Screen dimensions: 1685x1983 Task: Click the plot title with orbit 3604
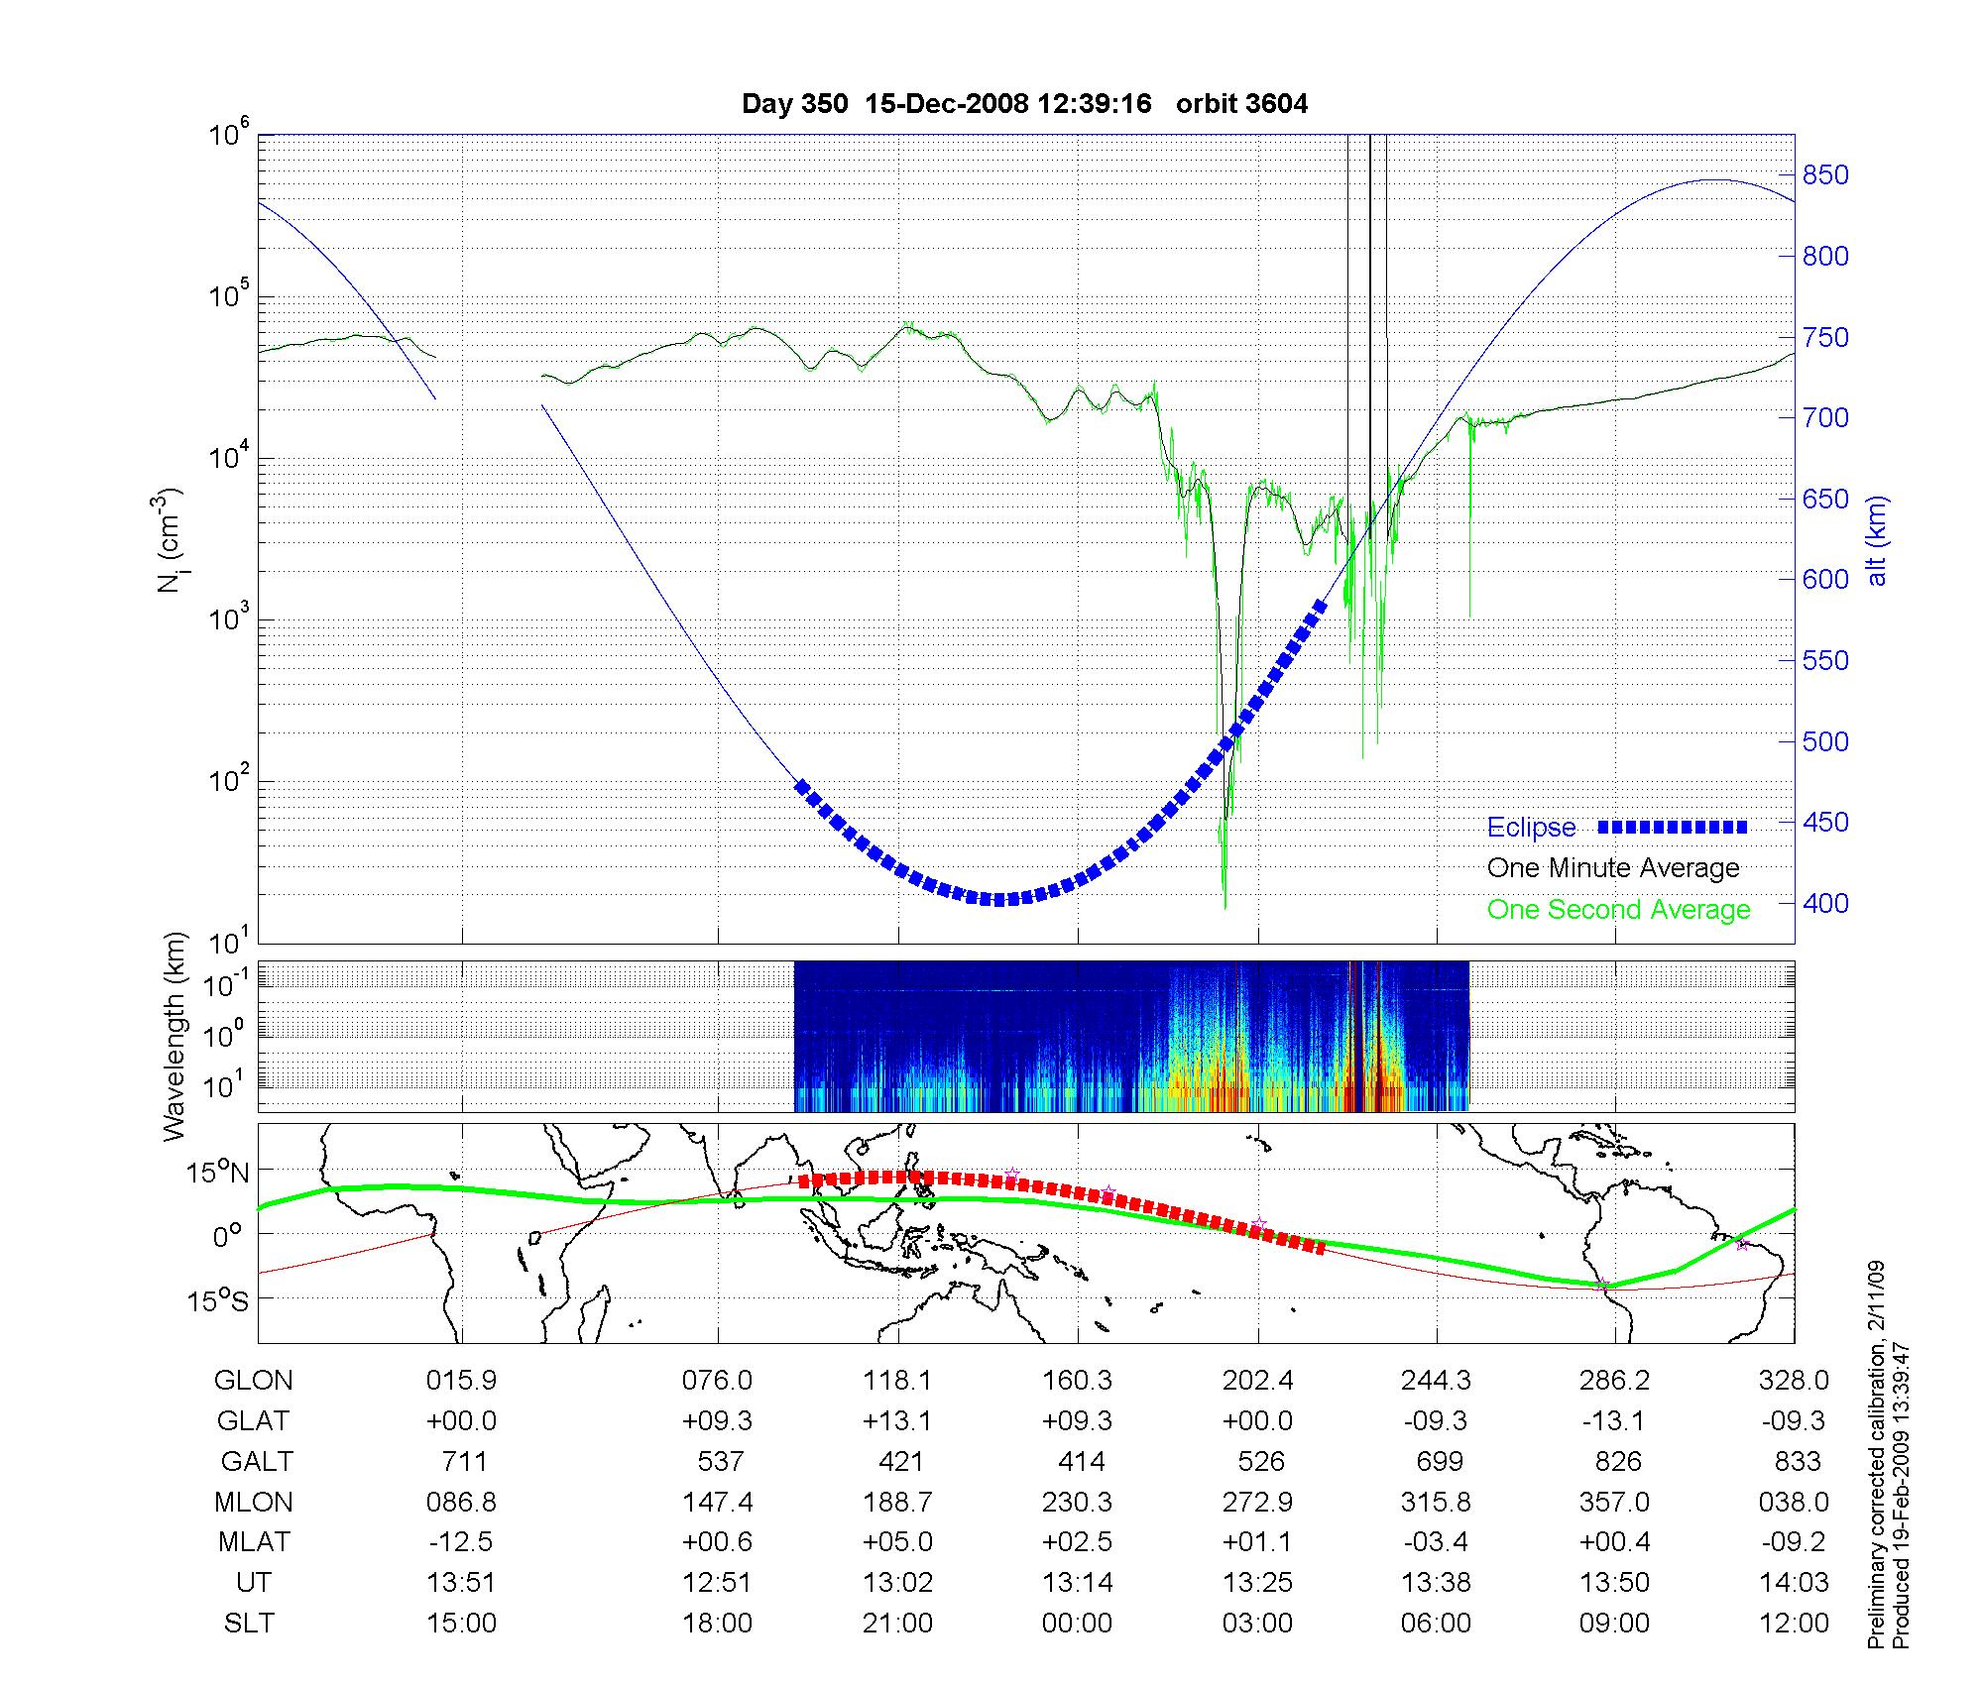1024,104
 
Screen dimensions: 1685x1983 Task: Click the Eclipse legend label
1531,828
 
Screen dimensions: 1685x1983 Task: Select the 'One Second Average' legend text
1618,910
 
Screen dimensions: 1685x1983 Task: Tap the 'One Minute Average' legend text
1613,868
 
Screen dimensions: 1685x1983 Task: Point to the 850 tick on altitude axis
1825,175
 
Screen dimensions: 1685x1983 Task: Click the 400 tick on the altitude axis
1825,903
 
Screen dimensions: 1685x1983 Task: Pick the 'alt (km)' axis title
1877,540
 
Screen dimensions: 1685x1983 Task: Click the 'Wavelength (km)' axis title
175,1037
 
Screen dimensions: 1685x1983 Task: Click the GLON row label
254,1380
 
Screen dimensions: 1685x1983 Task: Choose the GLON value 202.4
1257,1380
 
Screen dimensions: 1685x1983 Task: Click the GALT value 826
1616,1461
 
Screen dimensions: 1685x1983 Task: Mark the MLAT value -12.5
461,1542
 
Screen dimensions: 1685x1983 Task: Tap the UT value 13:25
1257,1583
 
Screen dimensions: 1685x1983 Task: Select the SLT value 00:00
1078,1624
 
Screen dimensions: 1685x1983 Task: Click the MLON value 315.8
1436,1502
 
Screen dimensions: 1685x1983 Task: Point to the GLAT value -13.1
1614,1420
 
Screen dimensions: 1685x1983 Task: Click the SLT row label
249,1624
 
